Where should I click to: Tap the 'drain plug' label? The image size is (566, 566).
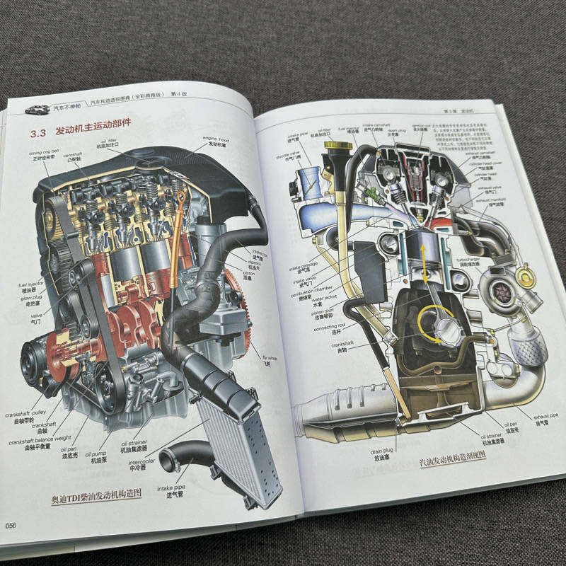[x=380, y=452]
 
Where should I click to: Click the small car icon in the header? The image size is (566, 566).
[x=36, y=110]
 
